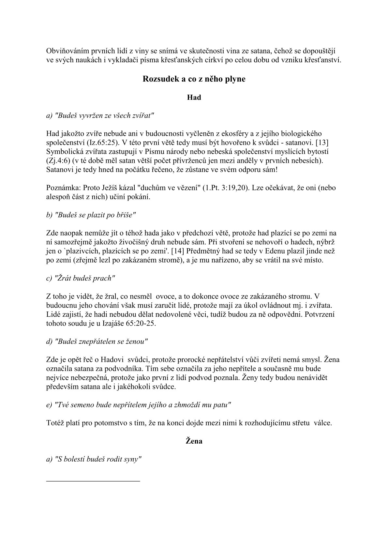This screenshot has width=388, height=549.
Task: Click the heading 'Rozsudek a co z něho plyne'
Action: pos(194,79)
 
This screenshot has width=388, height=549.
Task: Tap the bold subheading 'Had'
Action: pos(194,98)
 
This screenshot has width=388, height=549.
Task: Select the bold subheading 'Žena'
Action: pos(194,441)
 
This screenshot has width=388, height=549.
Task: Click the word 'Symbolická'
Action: pos(63,152)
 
